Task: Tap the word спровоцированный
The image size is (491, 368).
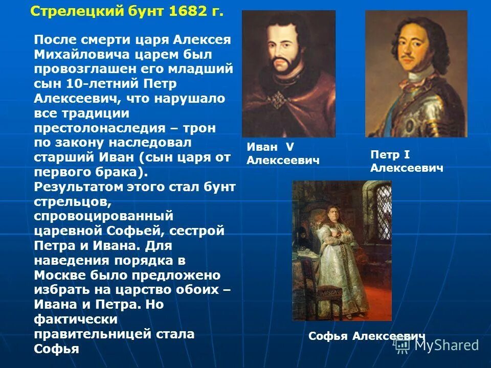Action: (x=104, y=216)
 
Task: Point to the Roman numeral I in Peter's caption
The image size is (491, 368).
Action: (x=407, y=154)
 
